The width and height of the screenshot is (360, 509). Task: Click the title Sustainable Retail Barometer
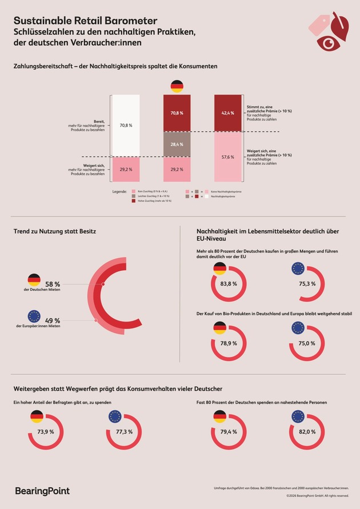(x=77, y=21)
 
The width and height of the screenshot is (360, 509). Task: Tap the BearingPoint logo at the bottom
(x=42, y=490)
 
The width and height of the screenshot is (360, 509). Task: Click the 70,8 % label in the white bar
(x=126, y=125)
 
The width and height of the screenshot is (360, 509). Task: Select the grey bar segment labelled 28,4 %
(x=177, y=145)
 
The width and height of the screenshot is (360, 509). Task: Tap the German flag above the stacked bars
(x=177, y=87)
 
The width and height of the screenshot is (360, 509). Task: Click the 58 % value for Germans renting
(x=53, y=284)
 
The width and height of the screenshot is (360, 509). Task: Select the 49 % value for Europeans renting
(x=53, y=320)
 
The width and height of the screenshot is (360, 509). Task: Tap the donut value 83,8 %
(x=229, y=283)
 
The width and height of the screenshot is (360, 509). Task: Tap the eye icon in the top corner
(x=327, y=43)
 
